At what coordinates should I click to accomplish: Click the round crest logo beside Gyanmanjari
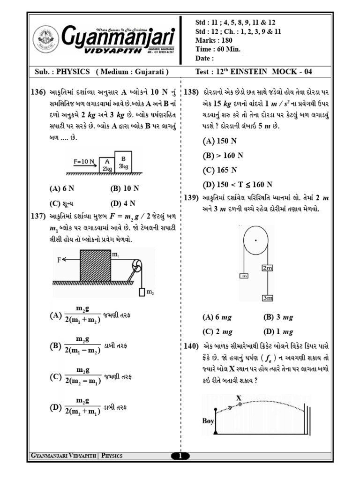(x=46, y=41)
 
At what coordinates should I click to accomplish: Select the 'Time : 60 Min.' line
(x=217, y=49)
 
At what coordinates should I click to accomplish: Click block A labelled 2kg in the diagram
(x=107, y=165)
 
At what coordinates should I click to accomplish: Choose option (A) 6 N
(x=62, y=189)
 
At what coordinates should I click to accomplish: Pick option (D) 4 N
(x=123, y=203)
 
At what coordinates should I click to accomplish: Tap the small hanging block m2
(x=142, y=293)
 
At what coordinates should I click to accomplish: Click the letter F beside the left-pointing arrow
(x=60, y=258)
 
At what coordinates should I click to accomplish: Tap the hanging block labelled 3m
(x=268, y=298)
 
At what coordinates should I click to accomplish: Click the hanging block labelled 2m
(x=267, y=268)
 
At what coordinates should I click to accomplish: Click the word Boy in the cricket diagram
(x=208, y=420)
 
